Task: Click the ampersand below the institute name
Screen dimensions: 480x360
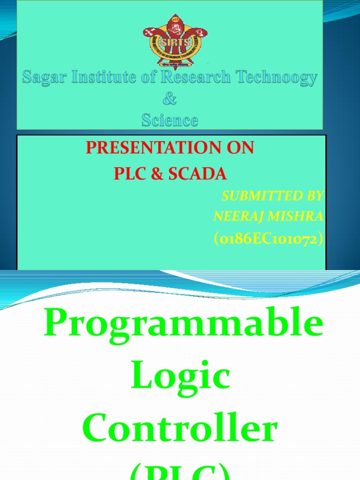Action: pos(170,99)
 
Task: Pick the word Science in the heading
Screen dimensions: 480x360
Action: pos(170,120)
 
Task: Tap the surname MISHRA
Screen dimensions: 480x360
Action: pos(295,216)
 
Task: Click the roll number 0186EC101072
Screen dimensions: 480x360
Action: pos(269,239)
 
